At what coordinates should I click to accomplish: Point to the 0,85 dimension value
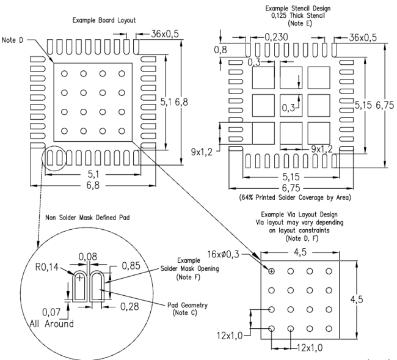tap(132, 266)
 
